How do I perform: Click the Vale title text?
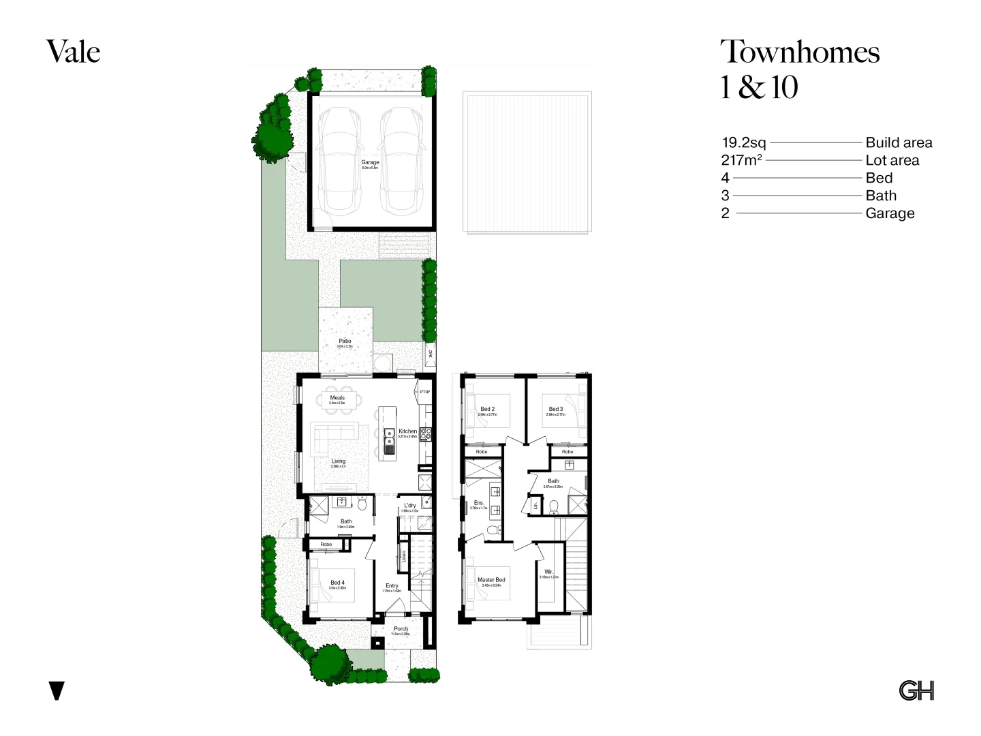(x=73, y=52)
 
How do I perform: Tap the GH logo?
(x=916, y=690)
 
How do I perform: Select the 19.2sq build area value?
(x=744, y=142)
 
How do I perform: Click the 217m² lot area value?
(x=741, y=160)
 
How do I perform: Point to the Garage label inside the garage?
(x=370, y=163)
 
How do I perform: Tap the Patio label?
(x=345, y=341)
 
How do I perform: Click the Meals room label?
(x=337, y=398)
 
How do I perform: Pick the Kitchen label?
(x=407, y=431)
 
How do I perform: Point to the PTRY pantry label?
(x=425, y=392)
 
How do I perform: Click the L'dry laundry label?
(x=409, y=506)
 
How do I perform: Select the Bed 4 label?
(x=337, y=583)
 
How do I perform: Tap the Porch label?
(x=401, y=629)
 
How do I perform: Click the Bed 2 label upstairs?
(x=487, y=410)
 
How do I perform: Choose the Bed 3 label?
(x=556, y=410)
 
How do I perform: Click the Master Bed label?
(x=491, y=580)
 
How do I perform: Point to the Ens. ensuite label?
(x=479, y=503)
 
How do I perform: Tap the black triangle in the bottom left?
(x=57, y=690)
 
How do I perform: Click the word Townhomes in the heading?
(x=800, y=52)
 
